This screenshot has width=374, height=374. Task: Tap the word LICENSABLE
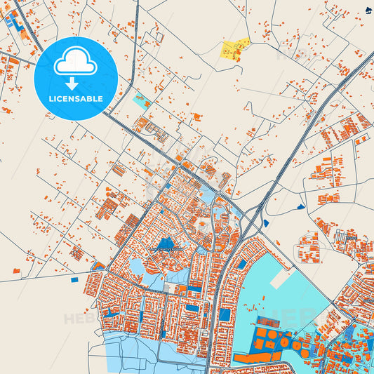coord(75,99)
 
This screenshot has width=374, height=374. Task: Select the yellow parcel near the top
coord(234,48)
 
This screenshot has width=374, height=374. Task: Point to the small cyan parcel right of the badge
coord(141,101)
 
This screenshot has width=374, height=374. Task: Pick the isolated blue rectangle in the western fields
coord(74,279)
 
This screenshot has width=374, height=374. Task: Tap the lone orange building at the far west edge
coord(15,269)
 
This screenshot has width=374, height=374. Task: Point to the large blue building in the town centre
coord(166,244)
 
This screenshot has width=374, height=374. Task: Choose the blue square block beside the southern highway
coord(225,314)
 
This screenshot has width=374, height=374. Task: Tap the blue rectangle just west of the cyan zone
coord(242,265)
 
